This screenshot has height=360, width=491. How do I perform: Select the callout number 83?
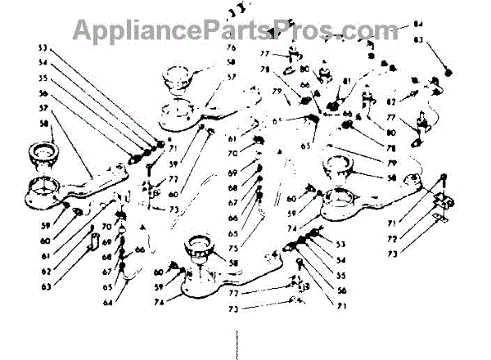point(440,40)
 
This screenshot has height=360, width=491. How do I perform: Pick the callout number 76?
point(232,48)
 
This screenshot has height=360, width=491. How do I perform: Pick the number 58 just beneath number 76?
point(232,62)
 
